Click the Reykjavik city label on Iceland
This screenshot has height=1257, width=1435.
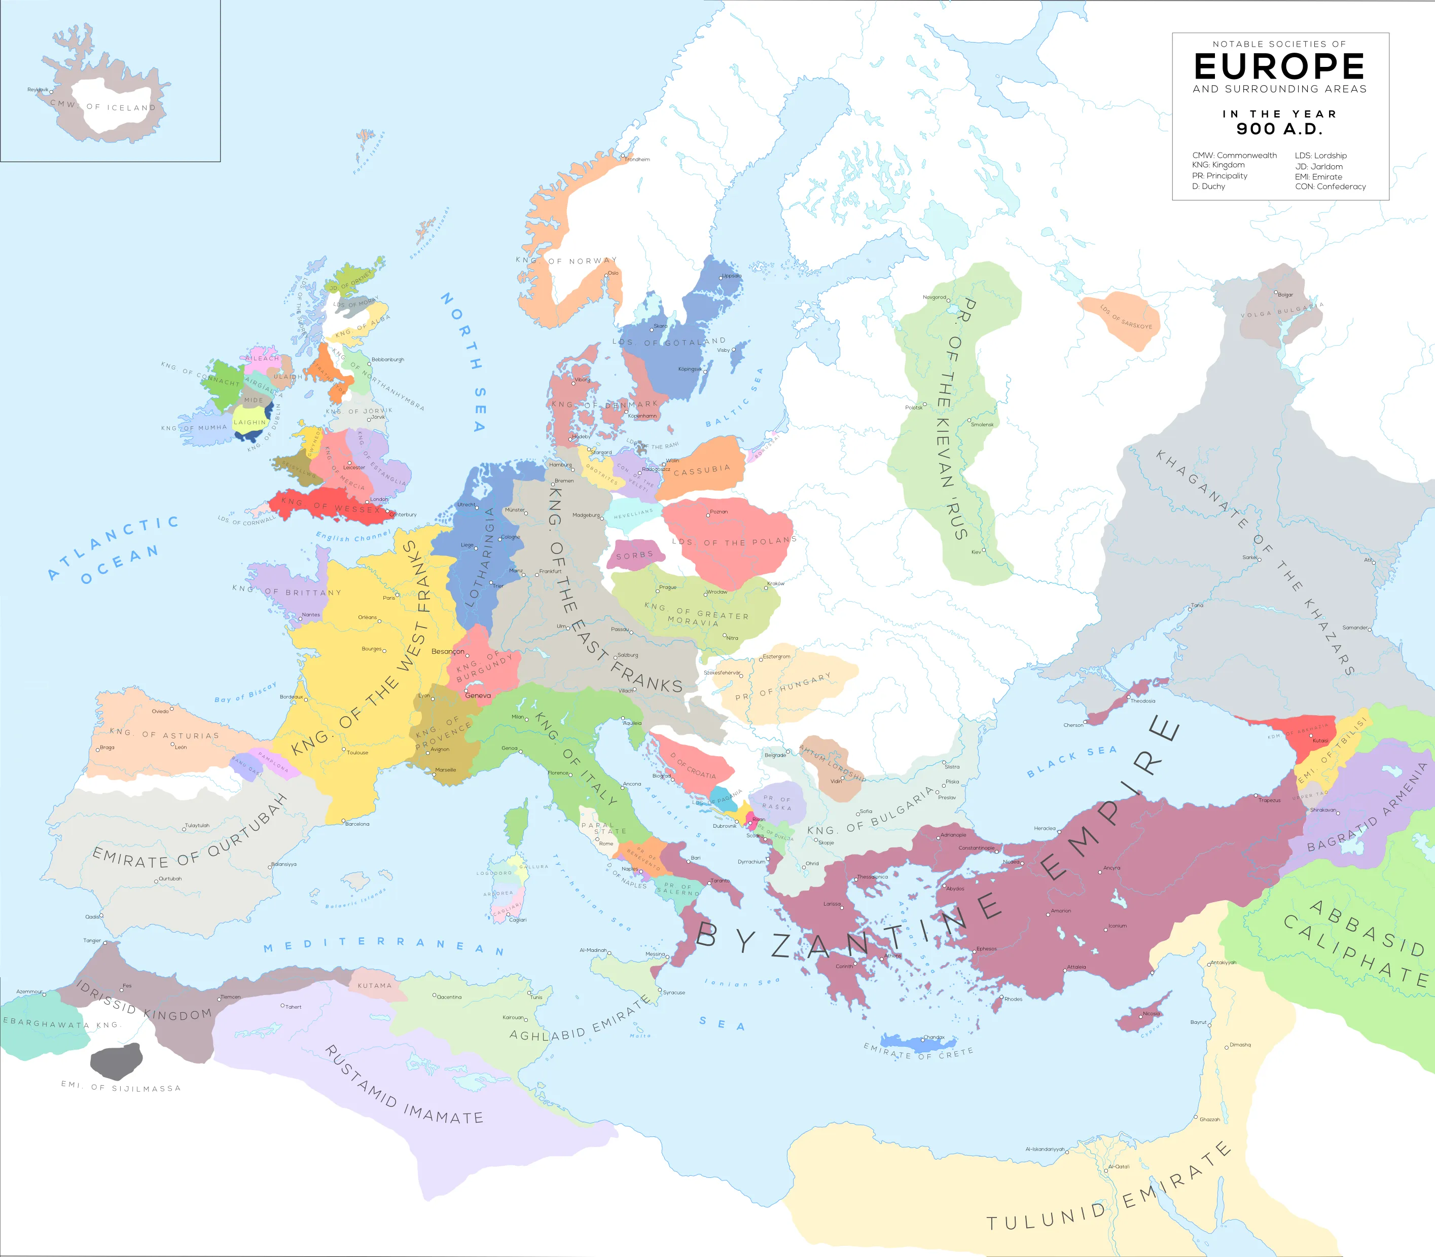[38, 90]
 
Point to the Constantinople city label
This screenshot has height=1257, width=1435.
[976, 848]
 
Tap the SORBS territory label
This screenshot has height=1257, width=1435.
[634, 556]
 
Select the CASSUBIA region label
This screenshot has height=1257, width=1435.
[702, 470]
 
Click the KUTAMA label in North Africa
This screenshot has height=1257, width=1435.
[375, 985]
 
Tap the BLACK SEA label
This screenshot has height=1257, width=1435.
[1071, 761]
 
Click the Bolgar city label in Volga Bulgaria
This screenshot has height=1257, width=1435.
[1285, 294]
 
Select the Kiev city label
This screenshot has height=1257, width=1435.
[976, 552]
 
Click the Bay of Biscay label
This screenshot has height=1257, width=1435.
[245, 692]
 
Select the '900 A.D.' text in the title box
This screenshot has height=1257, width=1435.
[1279, 129]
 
